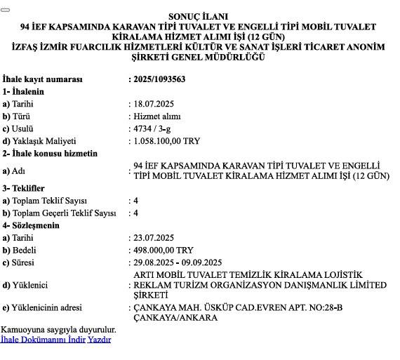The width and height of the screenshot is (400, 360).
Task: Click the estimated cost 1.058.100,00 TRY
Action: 166,141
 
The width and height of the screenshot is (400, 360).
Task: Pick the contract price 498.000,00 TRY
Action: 164,250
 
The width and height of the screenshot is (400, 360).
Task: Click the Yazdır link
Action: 99,340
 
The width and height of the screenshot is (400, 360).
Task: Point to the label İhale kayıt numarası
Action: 42,79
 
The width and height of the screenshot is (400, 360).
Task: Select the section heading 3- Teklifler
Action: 23,189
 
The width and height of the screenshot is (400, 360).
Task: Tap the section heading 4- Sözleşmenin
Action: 30,225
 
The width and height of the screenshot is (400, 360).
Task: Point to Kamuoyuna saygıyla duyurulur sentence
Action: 59,329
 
